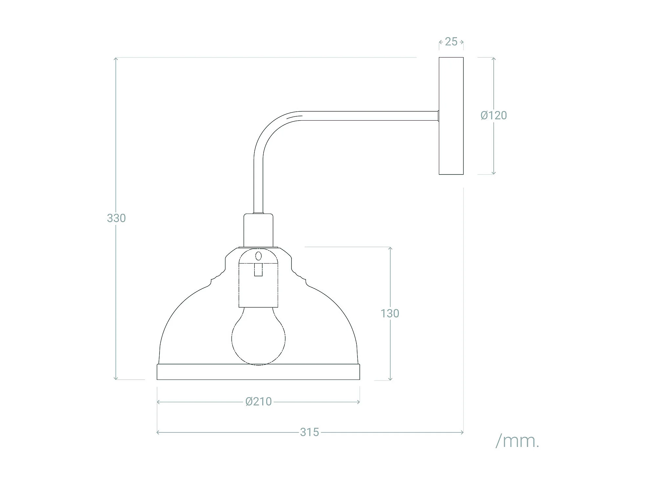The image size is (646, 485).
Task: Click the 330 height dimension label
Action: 116,218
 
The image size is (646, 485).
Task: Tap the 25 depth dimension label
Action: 451,42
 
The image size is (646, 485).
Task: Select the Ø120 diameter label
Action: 494,115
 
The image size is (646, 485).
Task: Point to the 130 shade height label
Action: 390,313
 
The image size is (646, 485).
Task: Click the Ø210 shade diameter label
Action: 259,402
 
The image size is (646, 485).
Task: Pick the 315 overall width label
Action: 310,432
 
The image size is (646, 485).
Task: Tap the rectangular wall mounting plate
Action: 451,116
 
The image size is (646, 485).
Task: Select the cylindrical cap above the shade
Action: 258,230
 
